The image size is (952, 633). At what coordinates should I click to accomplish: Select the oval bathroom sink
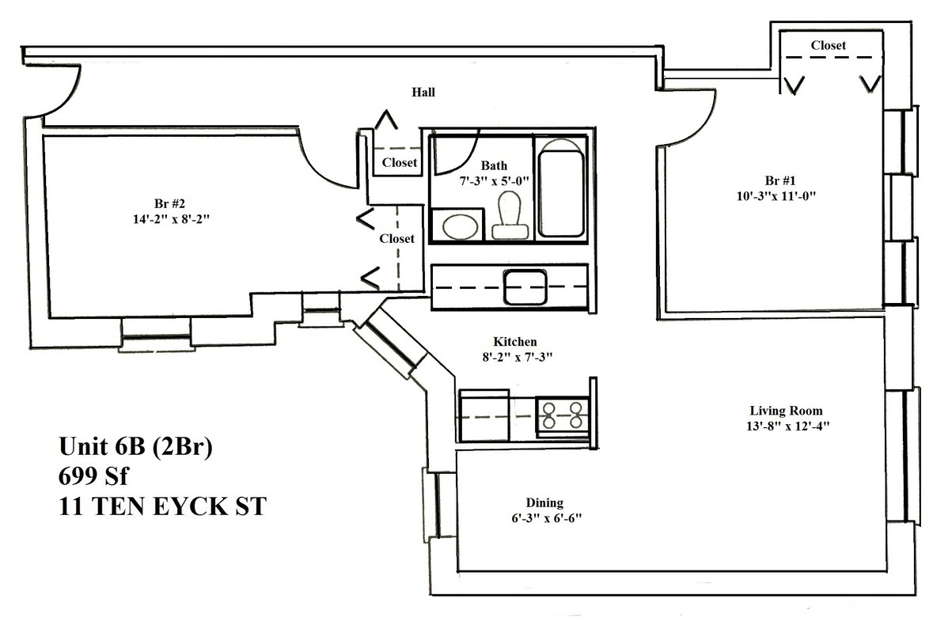457,227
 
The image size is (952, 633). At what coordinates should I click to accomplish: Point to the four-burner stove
563,414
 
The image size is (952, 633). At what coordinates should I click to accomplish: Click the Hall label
423,93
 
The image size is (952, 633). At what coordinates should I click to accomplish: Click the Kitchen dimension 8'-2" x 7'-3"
515,356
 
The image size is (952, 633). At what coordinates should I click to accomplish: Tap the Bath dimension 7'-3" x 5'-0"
494,180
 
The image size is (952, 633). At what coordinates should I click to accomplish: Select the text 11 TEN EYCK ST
162,506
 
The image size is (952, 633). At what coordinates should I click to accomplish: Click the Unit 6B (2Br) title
136,447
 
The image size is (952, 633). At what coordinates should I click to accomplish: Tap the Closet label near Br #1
828,46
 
